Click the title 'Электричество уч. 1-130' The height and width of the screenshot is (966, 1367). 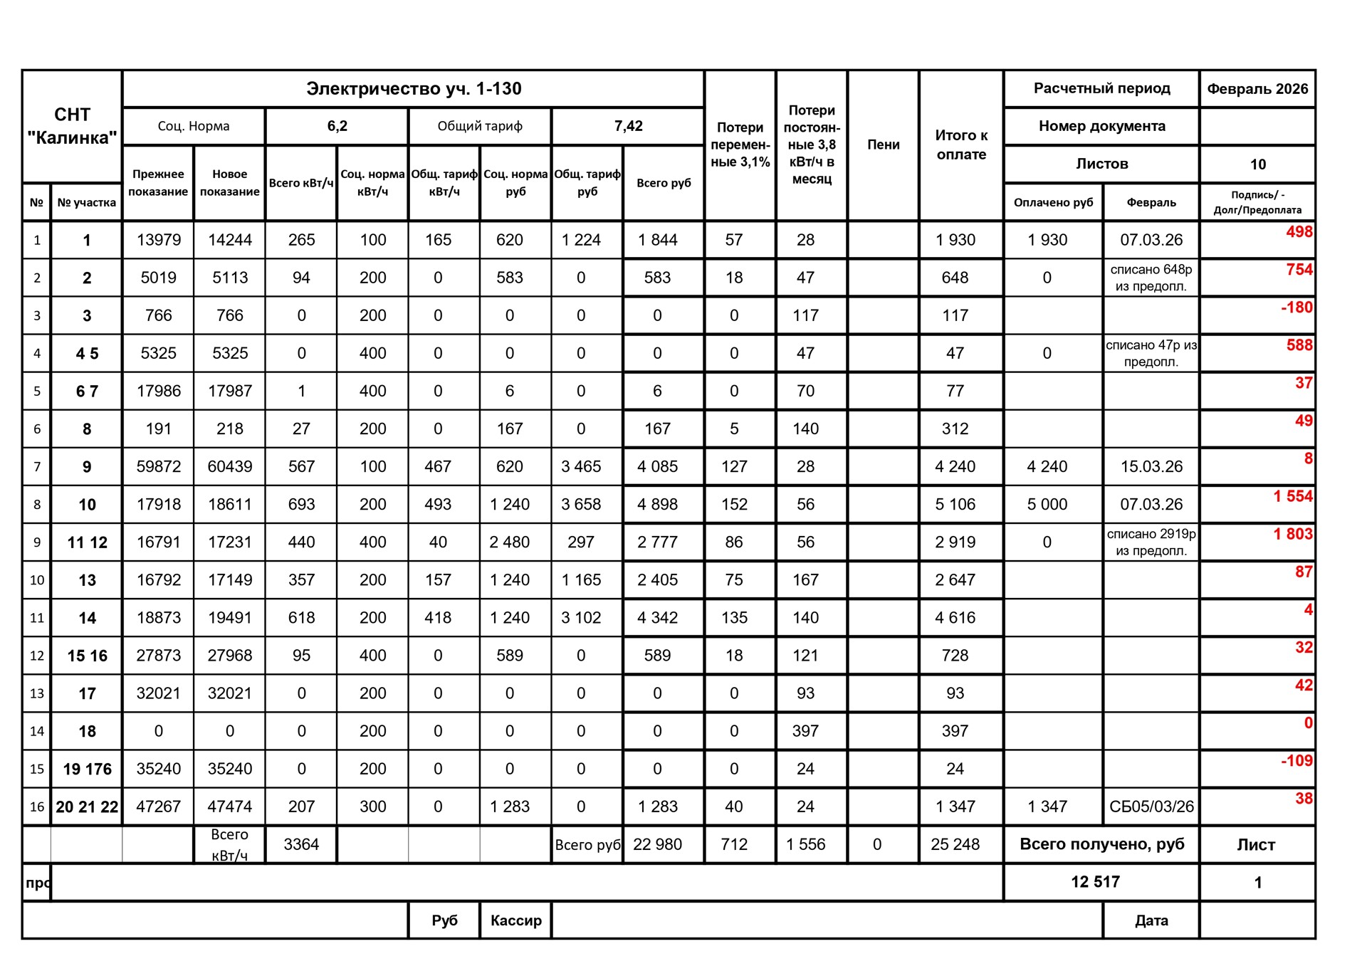tap(414, 89)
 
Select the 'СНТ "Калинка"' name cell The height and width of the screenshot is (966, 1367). tap(72, 126)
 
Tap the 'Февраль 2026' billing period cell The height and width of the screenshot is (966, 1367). tap(1257, 89)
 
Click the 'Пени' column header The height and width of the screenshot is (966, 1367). tap(883, 145)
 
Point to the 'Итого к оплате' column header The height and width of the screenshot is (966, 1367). tap(961, 145)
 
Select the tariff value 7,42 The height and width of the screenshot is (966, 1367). tap(628, 126)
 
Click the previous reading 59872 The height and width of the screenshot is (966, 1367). tap(158, 467)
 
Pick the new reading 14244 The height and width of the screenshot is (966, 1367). tap(229, 240)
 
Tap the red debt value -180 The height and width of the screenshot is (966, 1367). tap(1296, 308)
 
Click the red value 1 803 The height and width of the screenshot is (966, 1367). tap(1292, 534)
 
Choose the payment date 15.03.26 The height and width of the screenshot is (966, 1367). tap(1151, 467)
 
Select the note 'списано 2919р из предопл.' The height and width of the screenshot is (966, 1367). tap(1151, 542)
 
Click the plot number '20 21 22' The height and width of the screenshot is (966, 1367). tap(87, 807)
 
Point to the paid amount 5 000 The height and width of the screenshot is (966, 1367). tap(1047, 505)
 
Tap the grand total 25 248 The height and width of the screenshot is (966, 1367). tap(955, 844)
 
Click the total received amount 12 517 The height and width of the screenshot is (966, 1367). tap(1095, 882)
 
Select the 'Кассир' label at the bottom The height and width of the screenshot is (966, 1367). tap(515, 920)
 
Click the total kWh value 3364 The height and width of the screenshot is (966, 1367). tap(301, 844)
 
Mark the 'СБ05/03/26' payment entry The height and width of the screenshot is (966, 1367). tap(1151, 807)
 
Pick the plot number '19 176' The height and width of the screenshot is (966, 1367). tap(87, 769)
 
